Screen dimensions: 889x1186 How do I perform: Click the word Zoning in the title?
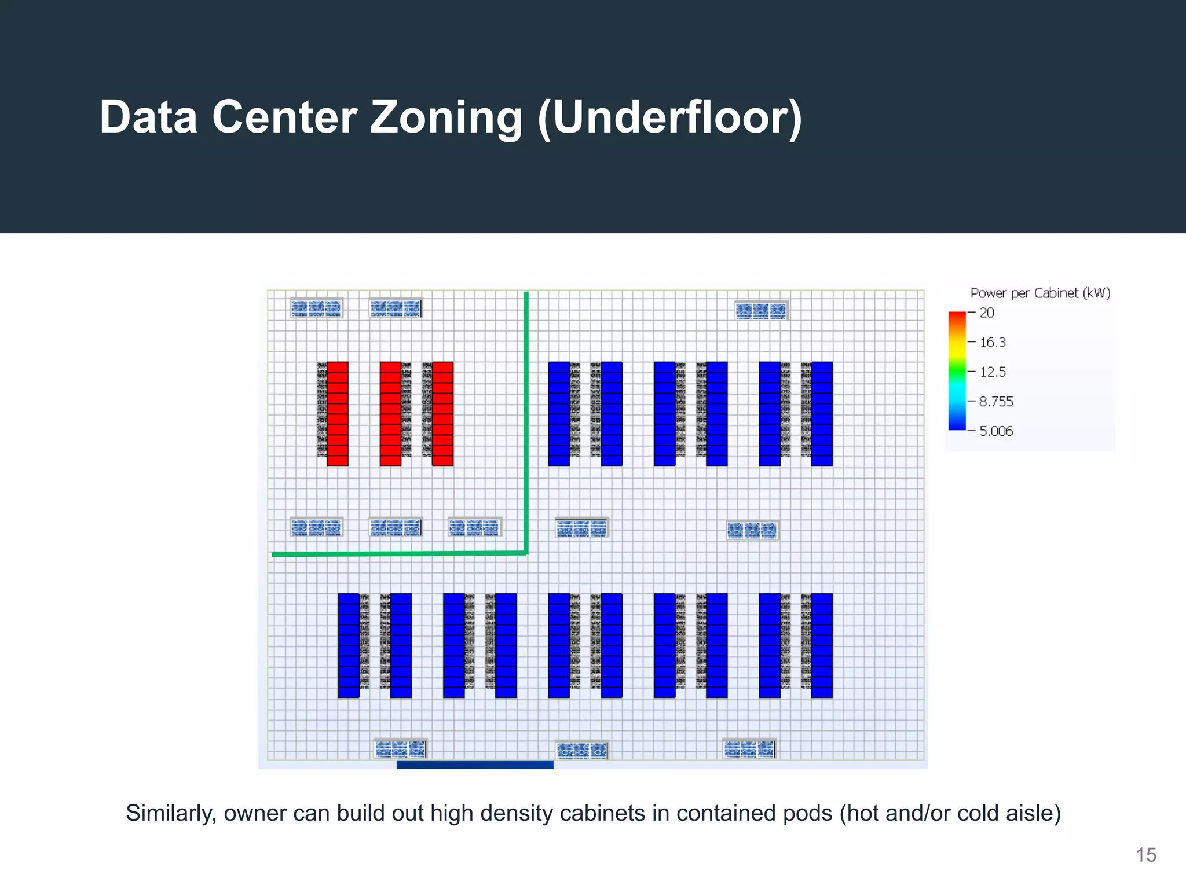coord(445,117)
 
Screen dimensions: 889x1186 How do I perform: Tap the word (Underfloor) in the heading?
coord(669,119)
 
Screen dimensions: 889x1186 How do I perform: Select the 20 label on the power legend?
coord(987,313)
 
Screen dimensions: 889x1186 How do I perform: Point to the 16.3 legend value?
coord(993,343)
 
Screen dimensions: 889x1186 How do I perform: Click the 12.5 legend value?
coord(993,372)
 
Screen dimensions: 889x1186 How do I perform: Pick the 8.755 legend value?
coord(996,402)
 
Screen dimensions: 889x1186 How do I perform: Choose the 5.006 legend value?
coord(996,431)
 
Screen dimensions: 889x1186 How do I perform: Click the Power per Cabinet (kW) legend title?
coord(1040,293)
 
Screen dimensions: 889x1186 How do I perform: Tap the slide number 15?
coord(1145,855)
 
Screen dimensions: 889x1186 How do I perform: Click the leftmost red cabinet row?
coord(338,414)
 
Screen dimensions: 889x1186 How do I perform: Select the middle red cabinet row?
coord(390,414)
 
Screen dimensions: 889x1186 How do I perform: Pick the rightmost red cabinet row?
coord(442,414)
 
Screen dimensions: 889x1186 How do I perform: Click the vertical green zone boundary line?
coord(526,423)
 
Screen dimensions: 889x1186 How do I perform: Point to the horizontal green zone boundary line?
coord(400,554)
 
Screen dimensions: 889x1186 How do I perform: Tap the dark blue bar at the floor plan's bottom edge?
coord(475,765)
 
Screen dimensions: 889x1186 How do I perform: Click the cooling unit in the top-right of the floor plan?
coord(761,311)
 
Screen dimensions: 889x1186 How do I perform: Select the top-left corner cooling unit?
coord(316,308)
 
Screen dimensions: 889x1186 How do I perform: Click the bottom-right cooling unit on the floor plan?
coord(749,750)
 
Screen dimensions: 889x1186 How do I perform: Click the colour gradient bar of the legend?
coord(957,371)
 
